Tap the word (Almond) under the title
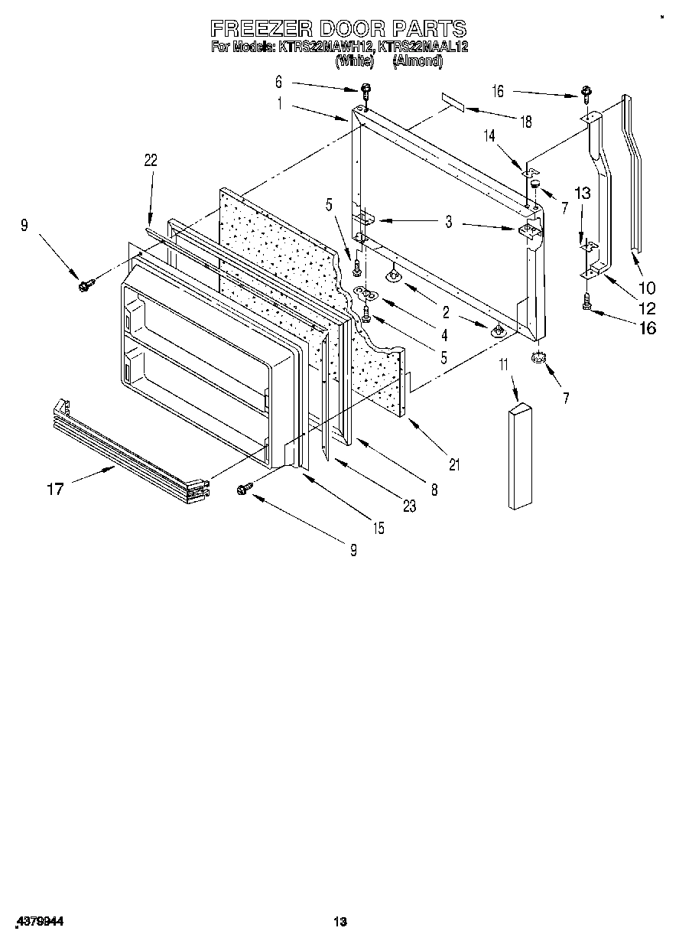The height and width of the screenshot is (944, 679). pos(417,62)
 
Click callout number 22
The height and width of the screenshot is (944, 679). pos(151,160)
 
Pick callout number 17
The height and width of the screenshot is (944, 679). pos(55,488)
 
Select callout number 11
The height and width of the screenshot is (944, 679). pos(504,366)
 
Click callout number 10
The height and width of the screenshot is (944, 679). pos(647,288)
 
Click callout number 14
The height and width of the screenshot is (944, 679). pos(489,135)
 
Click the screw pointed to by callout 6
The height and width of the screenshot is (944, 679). pos(366,90)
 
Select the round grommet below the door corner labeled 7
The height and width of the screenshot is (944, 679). pos(540,357)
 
